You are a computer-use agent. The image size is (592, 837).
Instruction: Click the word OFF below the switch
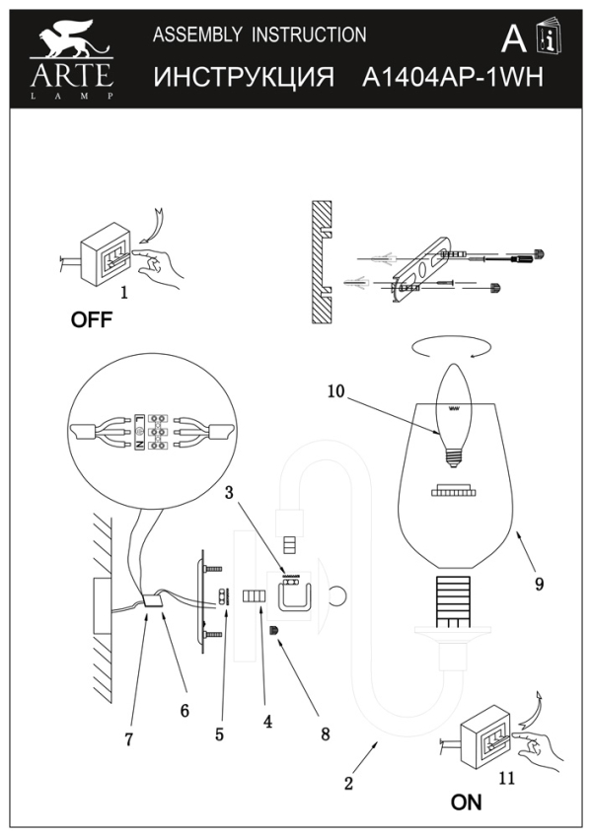pos(91,319)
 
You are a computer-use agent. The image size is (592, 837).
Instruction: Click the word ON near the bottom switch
pos(466,802)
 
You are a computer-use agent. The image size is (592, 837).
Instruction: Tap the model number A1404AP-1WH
pos(453,77)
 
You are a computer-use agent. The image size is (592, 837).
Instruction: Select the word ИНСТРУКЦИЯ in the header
pos(244,77)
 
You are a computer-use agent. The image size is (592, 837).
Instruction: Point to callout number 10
pos(336,391)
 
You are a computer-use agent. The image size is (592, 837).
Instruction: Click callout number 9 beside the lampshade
pos(539,584)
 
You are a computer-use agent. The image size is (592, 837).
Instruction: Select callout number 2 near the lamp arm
pos(347,785)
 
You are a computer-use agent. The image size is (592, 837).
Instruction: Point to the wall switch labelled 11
pos(486,735)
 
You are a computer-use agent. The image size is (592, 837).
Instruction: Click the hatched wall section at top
pos(320,264)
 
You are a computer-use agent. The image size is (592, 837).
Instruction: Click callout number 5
pos(220,733)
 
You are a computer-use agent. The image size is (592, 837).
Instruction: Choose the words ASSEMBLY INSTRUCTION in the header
pos(259,35)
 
